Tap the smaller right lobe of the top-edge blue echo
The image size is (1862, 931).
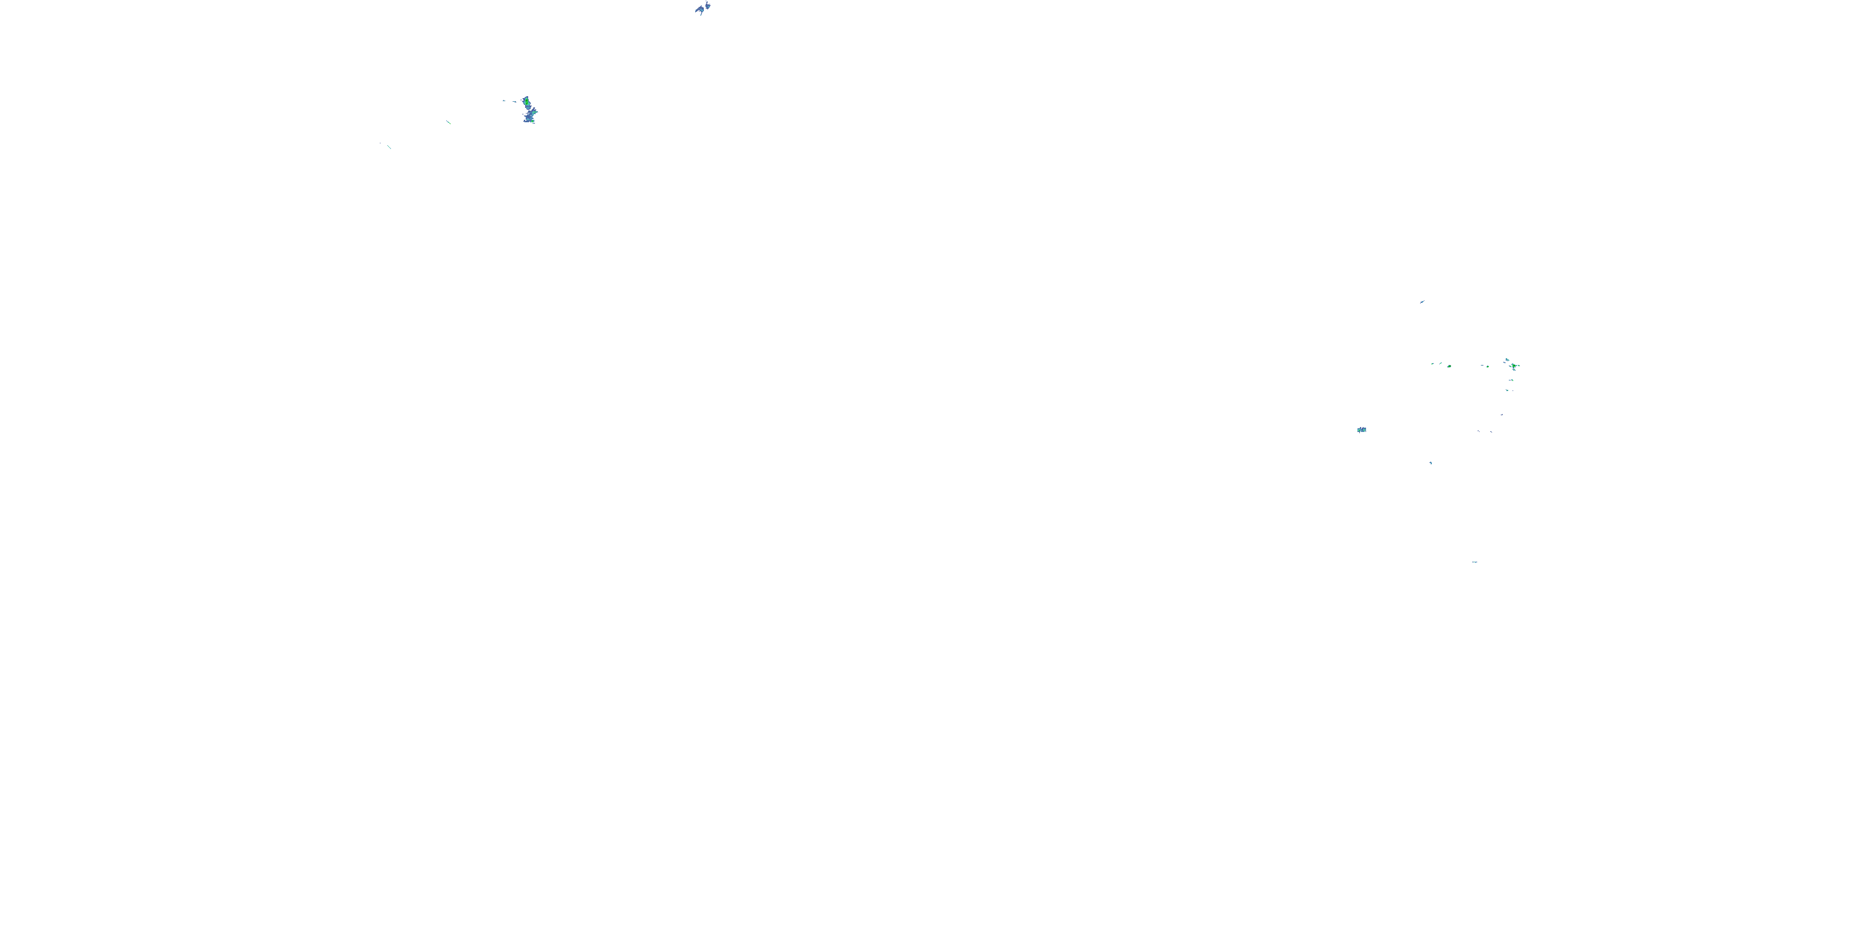[x=708, y=6]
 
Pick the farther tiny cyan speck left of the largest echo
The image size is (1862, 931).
[x=504, y=101]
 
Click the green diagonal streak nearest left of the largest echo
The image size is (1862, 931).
[x=448, y=122]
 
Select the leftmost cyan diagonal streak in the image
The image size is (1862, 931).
[x=389, y=146]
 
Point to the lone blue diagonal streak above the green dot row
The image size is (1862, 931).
[x=1422, y=302]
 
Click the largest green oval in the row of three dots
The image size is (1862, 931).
[x=1449, y=366]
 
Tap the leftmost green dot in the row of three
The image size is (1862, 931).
[x=1432, y=364]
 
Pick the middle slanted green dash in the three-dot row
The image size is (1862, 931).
[x=1441, y=363]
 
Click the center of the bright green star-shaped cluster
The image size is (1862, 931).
[x=1514, y=366]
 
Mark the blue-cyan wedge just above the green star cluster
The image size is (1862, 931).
[x=1507, y=359]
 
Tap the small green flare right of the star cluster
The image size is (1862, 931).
[x=1519, y=366]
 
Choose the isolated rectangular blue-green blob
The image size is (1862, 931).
[x=1362, y=430]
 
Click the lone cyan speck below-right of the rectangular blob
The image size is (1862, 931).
[x=1431, y=462]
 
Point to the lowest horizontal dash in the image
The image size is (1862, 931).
[x=1475, y=562]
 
